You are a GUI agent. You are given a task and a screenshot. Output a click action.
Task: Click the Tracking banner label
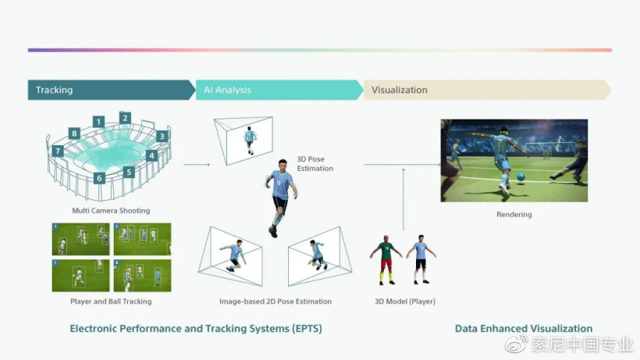click(55, 90)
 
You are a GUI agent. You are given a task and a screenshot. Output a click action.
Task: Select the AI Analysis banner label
click(227, 90)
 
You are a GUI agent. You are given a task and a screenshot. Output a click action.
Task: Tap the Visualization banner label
click(399, 90)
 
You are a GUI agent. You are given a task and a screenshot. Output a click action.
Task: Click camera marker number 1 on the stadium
click(98, 122)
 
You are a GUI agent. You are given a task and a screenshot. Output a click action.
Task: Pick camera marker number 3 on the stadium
click(162, 137)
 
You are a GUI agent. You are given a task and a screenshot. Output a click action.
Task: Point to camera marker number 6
click(99, 178)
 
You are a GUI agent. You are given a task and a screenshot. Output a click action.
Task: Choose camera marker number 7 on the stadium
click(58, 151)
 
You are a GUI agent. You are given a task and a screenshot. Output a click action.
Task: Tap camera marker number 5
click(129, 172)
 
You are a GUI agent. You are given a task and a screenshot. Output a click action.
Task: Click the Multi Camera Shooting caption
click(111, 211)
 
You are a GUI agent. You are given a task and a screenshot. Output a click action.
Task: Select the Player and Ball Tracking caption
click(111, 301)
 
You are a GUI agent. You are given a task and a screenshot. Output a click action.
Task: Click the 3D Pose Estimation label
click(315, 164)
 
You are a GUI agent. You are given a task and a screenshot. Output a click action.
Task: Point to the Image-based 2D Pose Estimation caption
click(276, 301)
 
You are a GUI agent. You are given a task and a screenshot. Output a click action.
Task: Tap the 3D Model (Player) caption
click(405, 301)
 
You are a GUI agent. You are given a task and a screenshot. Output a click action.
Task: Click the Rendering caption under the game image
click(514, 214)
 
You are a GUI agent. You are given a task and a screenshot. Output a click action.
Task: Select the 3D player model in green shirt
click(386, 260)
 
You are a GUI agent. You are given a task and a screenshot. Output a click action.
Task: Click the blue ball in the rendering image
click(521, 176)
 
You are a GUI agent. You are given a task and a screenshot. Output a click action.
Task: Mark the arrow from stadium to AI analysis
click(197, 165)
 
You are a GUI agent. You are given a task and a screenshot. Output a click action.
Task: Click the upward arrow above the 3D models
click(404, 199)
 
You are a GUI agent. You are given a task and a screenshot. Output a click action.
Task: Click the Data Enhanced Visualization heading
click(524, 329)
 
